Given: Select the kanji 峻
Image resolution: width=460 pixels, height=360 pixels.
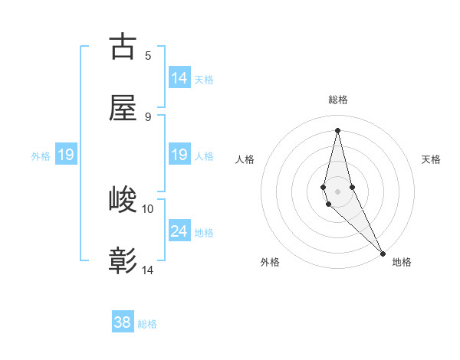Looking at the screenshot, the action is point(123,201).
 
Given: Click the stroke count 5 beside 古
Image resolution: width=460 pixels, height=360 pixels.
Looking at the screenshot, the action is point(148,55).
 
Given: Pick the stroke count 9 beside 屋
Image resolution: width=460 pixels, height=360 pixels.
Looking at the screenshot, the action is point(148,116).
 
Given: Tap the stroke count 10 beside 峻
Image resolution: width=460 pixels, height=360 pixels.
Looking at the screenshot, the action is point(148,208).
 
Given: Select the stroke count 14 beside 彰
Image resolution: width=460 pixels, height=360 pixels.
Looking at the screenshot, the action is point(148,270).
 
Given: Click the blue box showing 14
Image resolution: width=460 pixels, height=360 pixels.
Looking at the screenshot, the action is point(179,78).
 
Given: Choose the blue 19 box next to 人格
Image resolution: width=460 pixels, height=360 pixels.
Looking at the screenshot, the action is point(179,155).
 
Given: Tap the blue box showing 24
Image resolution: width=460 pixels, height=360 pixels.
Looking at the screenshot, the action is point(179,231).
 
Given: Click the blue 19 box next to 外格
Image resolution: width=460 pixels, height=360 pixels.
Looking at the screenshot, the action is point(66,155).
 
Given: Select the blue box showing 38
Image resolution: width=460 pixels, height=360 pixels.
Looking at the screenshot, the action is point(123,323).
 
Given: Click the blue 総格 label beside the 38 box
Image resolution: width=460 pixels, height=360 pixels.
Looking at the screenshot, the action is point(147,324).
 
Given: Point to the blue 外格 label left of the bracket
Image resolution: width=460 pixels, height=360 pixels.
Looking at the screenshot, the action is point(41,156).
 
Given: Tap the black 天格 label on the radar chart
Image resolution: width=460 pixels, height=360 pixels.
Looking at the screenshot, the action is point(432,159).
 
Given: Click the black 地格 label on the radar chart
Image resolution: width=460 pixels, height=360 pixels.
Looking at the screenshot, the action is point(402,262).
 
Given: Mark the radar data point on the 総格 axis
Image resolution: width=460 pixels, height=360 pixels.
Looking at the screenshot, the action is point(337,130).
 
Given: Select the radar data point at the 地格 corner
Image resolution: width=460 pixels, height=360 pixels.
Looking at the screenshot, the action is point(383,253).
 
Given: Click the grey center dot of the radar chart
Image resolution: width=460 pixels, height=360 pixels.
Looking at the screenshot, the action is point(337,191).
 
